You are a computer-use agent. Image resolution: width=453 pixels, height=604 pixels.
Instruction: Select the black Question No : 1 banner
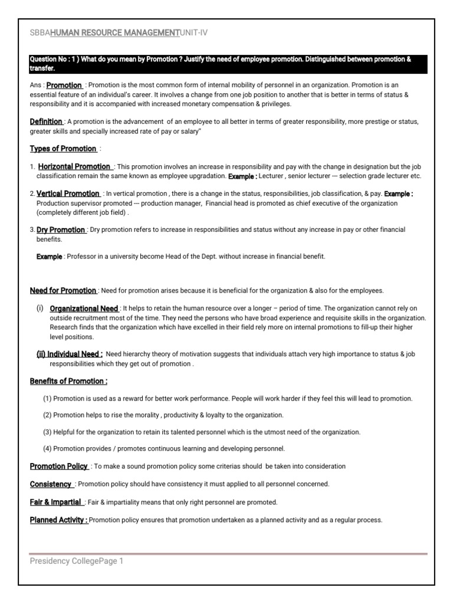(226, 64)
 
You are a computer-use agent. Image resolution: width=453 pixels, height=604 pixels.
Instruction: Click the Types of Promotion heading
(63, 148)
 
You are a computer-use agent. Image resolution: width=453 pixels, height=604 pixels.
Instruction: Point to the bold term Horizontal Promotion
(74, 167)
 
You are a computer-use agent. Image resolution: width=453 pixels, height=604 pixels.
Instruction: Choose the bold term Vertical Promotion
(68, 193)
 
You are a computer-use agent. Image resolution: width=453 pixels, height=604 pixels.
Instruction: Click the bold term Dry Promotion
(61, 229)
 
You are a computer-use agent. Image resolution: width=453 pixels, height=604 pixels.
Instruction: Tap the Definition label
(46, 122)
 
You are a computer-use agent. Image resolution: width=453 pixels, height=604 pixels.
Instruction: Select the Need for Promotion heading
(63, 290)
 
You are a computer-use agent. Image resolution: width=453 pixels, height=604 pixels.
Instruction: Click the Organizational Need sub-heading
(84, 308)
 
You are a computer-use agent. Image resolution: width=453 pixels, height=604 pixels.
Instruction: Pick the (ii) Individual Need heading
(70, 354)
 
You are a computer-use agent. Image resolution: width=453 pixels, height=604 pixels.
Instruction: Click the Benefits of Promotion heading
(68, 381)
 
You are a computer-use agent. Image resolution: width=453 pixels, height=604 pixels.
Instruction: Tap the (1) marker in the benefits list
(48, 399)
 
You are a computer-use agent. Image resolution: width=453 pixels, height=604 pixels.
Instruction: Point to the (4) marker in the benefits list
(48, 448)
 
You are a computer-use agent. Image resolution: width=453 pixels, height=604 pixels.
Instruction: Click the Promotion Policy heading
(59, 466)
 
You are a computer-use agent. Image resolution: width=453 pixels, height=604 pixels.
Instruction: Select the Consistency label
(51, 484)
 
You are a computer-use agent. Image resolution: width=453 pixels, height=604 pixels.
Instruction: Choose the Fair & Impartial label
(56, 502)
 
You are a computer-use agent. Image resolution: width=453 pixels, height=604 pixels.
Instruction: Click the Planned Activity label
(59, 520)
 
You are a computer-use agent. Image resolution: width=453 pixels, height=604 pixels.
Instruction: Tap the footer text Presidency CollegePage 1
(77, 562)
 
